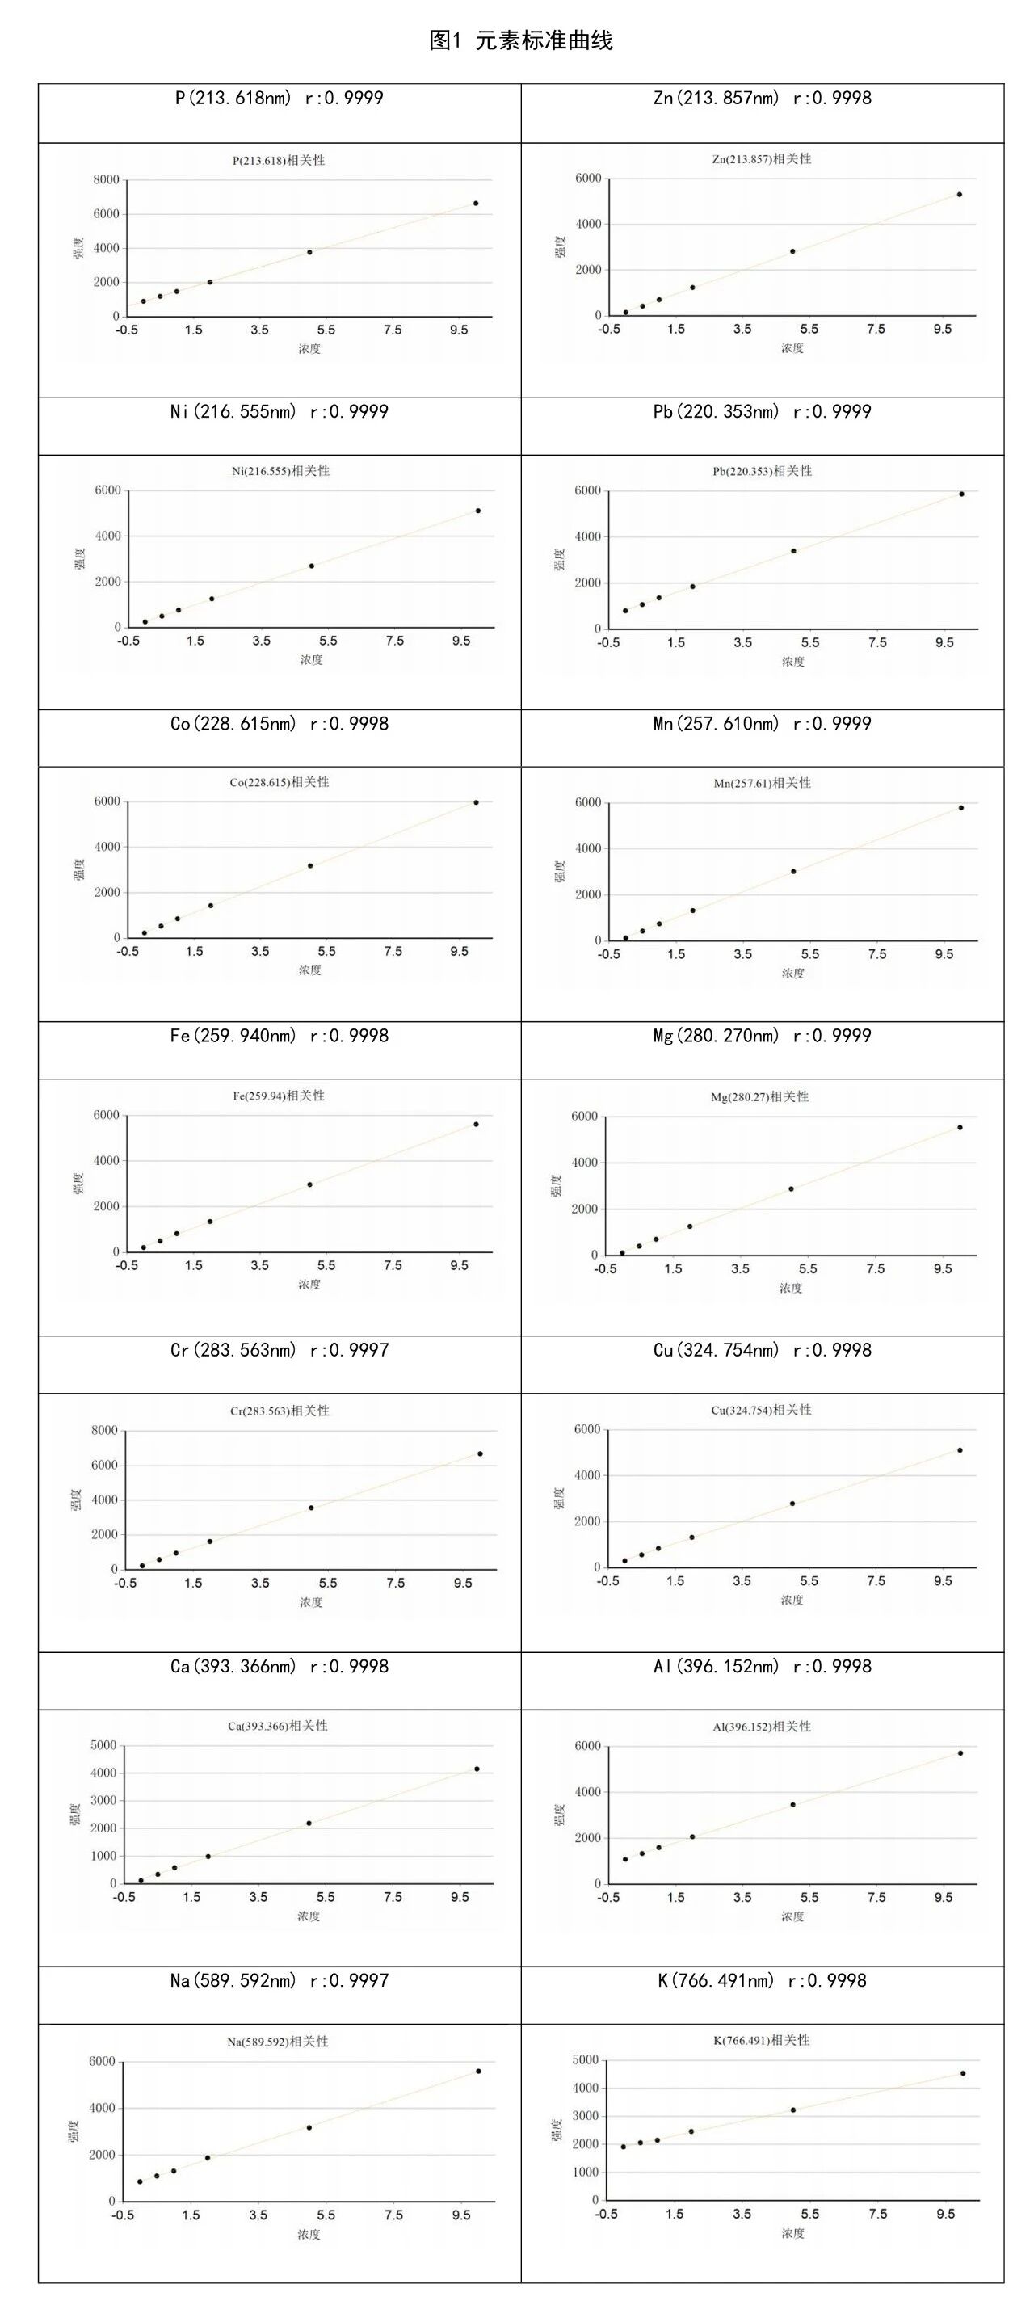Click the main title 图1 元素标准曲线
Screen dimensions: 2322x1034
(520, 40)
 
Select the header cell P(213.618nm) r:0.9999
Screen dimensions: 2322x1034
(279, 99)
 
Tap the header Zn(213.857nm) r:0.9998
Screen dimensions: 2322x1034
(762, 99)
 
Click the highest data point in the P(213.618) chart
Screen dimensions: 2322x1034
(476, 204)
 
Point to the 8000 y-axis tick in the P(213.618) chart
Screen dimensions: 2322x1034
(106, 180)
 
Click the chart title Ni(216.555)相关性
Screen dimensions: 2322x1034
(280, 470)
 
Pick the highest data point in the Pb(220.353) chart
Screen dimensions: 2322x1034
(962, 494)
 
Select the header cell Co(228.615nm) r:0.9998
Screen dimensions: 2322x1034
(279, 724)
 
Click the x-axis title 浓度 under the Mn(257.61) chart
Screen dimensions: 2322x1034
(792, 974)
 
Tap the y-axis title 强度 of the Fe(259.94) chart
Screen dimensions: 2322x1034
(78, 1183)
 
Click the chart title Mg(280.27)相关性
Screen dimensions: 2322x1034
(760, 1097)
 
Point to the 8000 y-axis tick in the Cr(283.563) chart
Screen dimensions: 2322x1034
(104, 1431)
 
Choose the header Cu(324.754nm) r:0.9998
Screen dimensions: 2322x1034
(762, 1350)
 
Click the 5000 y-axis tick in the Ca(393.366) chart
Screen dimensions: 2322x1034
(103, 1745)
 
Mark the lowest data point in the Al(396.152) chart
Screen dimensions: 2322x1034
(624, 1859)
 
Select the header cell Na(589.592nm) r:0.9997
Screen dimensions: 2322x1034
(279, 1980)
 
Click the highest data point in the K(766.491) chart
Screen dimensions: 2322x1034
(963, 2073)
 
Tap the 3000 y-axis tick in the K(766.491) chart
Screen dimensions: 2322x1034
(585, 2116)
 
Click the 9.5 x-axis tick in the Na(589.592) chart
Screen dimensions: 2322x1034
(461, 2215)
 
